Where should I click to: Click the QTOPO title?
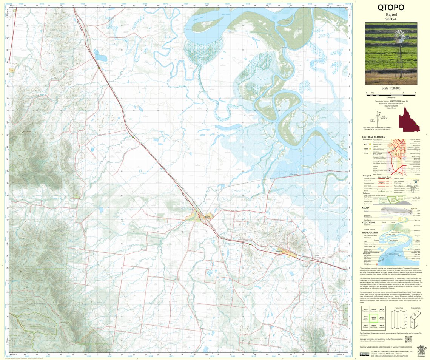point(390,8)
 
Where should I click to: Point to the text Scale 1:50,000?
point(391,88)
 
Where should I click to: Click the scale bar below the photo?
point(391,92)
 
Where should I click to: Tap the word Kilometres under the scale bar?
point(391,97)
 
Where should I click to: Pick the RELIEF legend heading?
point(365,207)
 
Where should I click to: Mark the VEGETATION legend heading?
point(368,222)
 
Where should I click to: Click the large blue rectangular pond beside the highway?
point(101,57)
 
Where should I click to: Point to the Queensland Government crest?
point(421,349)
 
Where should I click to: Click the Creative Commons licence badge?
point(364,354)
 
